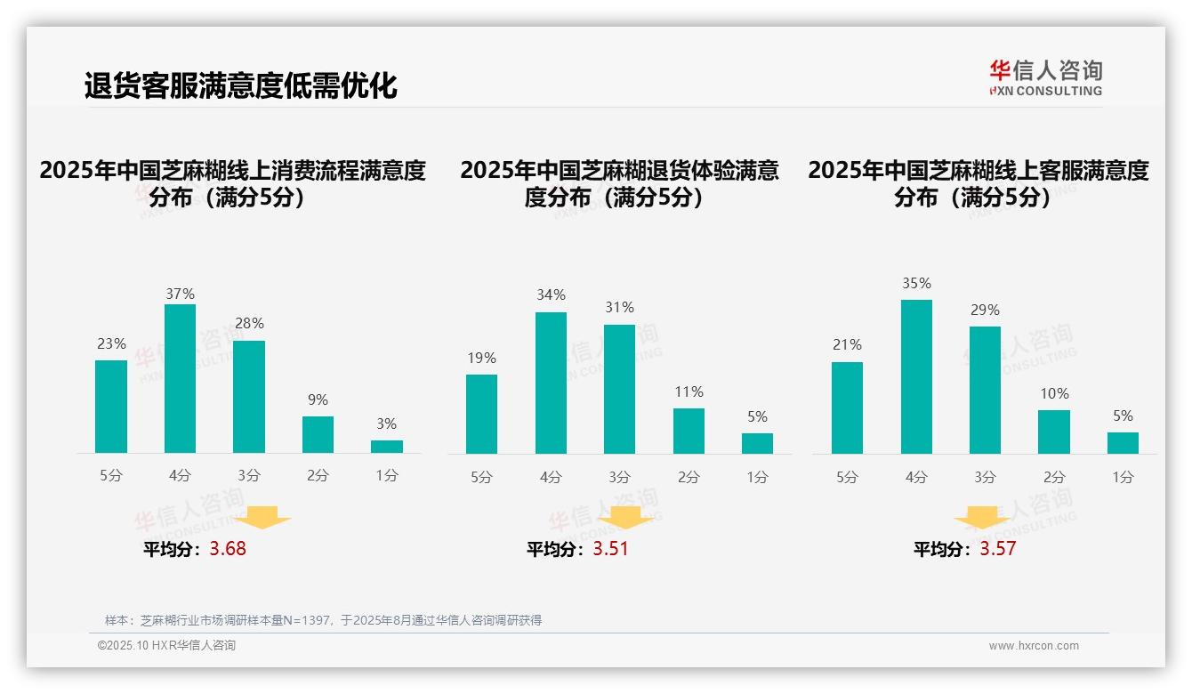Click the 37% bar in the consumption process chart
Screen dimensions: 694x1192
180,378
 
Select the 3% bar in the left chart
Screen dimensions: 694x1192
387,447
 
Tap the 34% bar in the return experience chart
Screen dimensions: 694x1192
551,383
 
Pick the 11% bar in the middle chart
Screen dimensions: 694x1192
689,432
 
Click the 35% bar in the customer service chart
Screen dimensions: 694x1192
916,376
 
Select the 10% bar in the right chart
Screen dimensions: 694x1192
1054,432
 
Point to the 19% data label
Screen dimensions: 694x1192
481,358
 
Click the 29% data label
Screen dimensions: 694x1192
985,310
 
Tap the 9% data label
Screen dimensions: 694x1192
318,399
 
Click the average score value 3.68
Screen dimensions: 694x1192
228,549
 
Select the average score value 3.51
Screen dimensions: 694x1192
610,549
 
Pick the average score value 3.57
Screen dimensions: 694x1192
997,549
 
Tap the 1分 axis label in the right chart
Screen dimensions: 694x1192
1123,477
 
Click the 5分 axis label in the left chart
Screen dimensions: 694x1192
111,475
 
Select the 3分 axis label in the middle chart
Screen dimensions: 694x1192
619,477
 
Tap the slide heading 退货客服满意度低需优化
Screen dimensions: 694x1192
240,86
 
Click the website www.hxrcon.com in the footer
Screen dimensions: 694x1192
1033,645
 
